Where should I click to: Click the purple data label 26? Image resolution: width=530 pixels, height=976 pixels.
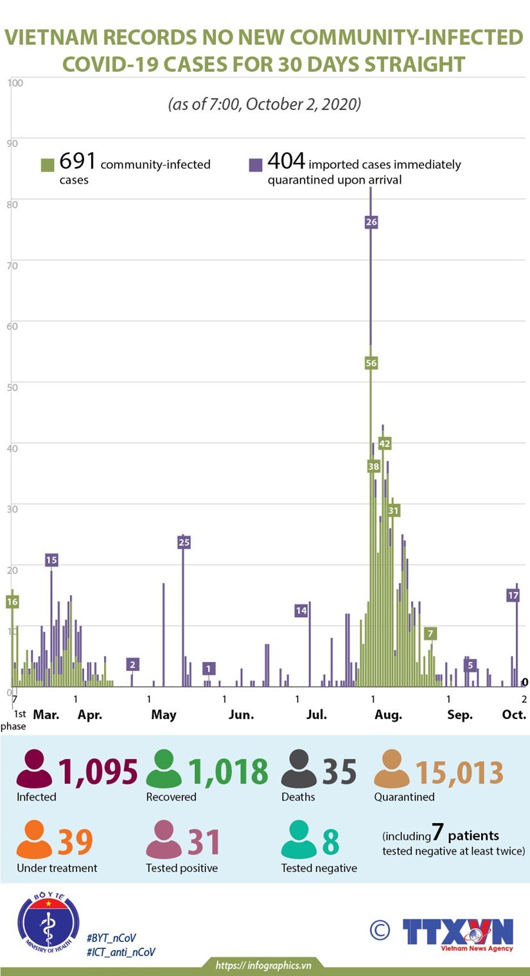coord(371,222)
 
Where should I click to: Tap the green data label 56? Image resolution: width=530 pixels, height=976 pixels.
coord(371,363)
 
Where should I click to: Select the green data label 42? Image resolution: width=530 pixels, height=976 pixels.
coord(385,444)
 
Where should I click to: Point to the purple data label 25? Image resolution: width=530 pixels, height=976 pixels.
coord(184,543)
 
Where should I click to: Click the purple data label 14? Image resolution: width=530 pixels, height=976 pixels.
coord(301,611)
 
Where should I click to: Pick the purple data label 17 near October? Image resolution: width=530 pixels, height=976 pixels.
coord(513,595)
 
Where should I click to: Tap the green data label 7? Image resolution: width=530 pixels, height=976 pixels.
coord(430,634)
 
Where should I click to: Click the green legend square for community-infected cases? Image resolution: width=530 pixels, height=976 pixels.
coord(48,165)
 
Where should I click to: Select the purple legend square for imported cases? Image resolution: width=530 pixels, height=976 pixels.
coord(256,165)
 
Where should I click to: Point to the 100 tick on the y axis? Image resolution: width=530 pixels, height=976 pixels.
coord(15,83)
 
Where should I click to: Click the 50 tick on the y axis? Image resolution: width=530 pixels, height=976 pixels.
coord(12,386)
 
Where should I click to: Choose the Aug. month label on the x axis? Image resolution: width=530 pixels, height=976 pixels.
coord(387,715)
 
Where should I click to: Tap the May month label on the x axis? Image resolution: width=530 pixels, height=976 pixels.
coord(164,715)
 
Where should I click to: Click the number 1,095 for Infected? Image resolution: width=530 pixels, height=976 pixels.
coord(98,771)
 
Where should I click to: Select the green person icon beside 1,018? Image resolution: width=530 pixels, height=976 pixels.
coord(164,770)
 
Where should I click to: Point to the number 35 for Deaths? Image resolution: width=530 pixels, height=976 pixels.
coord(339,771)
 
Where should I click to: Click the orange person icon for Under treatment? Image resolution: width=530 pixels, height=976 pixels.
coord(35,841)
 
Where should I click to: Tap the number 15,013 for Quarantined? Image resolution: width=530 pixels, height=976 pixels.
coord(459,771)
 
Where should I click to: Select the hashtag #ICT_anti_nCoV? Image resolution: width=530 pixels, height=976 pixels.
coord(121,952)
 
